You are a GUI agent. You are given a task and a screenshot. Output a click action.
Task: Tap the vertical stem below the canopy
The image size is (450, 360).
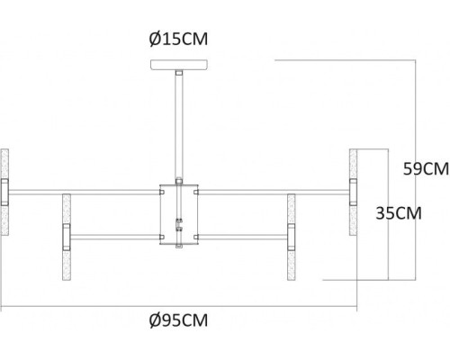click(x=179, y=126)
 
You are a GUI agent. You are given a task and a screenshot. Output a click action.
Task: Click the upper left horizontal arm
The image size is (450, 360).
click(x=85, y=191)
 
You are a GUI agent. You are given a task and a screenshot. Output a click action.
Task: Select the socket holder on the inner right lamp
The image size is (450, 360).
click(x=292, y=238)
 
